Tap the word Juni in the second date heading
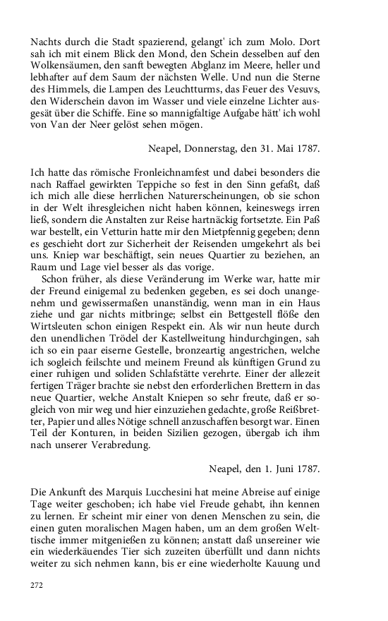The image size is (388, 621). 280,469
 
